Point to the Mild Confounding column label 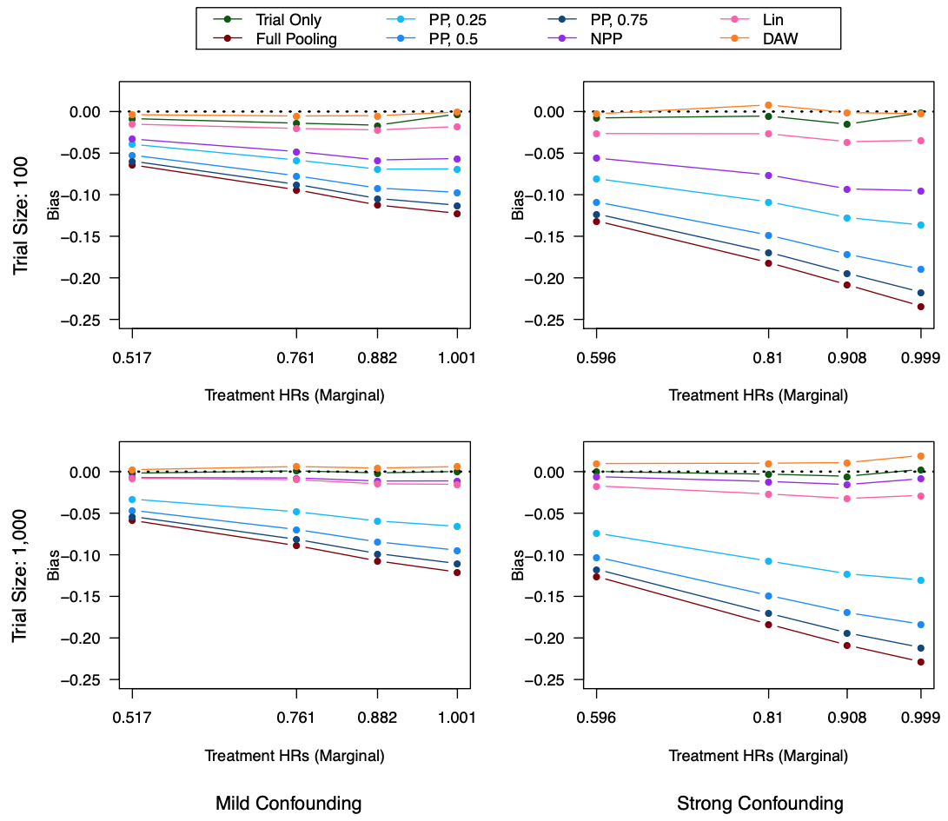tap(288, 804)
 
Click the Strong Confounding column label tap(759, 804)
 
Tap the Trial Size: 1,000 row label tap(21, 576)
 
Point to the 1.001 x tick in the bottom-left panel tap(457, 717)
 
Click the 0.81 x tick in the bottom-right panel tap(767, 717)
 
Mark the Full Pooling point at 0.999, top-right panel tap(921, 307)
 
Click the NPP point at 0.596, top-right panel tap(596, 158)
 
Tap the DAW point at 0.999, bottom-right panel tap(921, 456)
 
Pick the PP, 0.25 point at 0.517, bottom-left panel tap(132, 500)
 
